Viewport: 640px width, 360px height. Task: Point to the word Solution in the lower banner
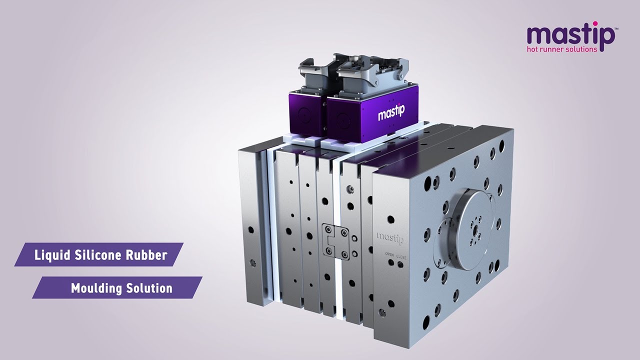[149, 288]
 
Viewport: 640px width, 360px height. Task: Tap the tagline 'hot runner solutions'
[562, 49]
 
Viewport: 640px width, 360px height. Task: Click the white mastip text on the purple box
[391, 112]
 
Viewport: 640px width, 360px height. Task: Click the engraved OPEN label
[390, 255]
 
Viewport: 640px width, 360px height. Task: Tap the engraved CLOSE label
[401, 257]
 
